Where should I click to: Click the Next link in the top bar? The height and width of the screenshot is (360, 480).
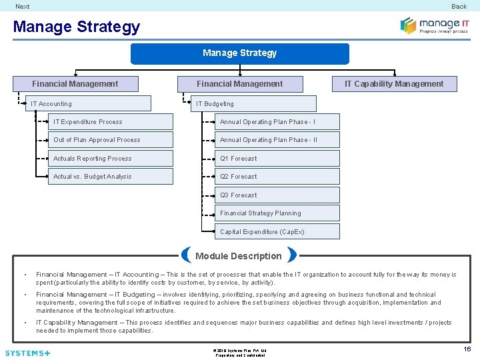(x=23, y=6)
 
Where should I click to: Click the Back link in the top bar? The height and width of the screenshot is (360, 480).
(x=459, y=6)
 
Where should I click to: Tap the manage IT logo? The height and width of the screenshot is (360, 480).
(x=434, y=25)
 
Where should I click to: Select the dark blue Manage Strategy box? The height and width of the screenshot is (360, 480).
(x=239, y=53)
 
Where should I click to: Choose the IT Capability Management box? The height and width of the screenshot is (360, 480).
(x=393, y=84)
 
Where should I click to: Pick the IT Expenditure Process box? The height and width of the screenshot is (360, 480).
(x=111, y=122)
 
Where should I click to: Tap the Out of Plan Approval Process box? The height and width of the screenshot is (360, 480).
(x=111, y=140)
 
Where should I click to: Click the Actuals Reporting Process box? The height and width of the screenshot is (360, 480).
(x=111, y=159)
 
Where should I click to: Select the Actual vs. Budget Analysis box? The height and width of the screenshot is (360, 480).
(x=111, y=177)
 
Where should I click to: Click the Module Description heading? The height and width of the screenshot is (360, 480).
(x=239, y=256)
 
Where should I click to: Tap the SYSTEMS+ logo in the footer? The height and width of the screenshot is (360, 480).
(x=27, y=353)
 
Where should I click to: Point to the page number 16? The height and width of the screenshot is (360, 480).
(x=467, y=349)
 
